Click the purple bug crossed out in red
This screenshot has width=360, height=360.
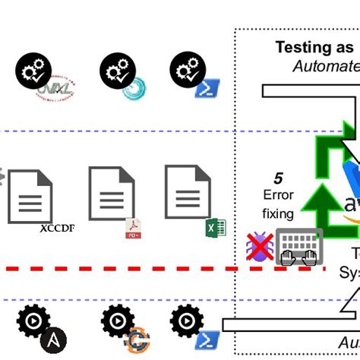(257, 247)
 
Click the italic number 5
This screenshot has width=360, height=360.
(278, 178)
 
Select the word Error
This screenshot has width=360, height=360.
(277, 196)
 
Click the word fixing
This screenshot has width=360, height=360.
(277, 214)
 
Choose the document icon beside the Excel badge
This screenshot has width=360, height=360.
(188, 193)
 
